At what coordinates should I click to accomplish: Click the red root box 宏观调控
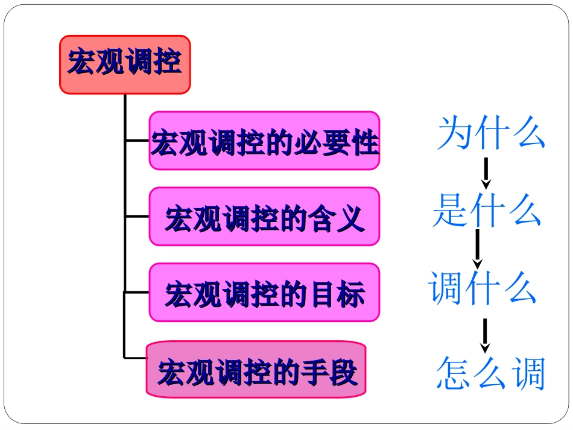click(x=125, y=64)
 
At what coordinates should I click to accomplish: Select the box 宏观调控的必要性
click(x=264, y=141)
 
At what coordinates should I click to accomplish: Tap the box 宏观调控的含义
click(x=264, y=217)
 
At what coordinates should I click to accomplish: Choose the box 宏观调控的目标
click(x=264, y=292)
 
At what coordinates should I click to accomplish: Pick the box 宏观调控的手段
click(x=256, y=370)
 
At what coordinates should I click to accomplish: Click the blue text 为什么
click(x=491, y=133)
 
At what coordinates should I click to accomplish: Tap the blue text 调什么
click(x=483, y=288)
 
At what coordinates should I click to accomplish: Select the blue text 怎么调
click(x=490, y=373)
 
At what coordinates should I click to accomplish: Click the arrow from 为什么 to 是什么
click(x=486, y=174)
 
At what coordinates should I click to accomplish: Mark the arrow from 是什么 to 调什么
click(x=478, y=249)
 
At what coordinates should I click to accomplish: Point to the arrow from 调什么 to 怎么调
click(x=484, y=335)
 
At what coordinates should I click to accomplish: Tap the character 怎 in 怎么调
click(x=454, y=373)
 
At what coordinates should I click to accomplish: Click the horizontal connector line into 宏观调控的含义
click(x=137, y=217)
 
